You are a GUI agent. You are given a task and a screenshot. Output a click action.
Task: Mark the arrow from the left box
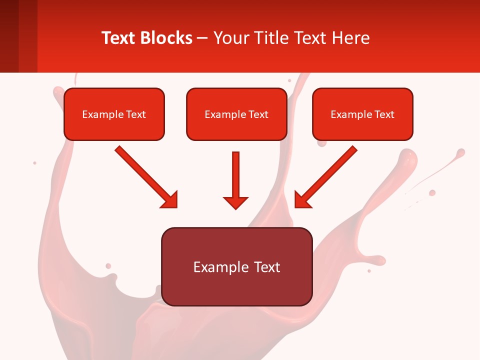click(145, 176)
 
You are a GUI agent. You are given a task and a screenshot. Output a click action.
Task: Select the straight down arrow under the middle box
click(235, 177)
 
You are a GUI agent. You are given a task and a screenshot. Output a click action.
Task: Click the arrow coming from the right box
click(327, 176)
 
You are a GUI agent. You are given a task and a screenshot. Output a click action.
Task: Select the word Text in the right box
click(384, 114)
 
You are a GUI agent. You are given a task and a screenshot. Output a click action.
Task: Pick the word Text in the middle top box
click(258, 114)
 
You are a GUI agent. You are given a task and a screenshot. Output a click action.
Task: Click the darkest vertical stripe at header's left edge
click(9, 36)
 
